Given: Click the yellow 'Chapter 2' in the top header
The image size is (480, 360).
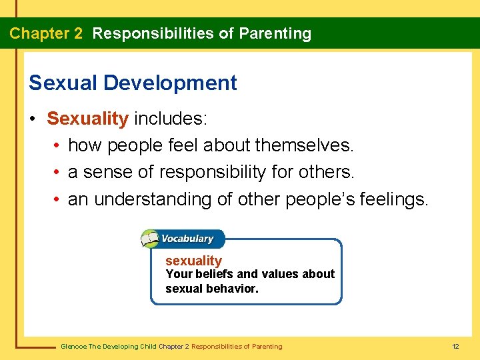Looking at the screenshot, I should point(46,33).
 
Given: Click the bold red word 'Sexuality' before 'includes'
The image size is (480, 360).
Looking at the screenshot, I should point(87,119).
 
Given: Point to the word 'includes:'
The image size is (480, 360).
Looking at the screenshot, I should point(171,119).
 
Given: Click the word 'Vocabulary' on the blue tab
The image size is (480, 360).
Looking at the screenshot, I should point(189,239).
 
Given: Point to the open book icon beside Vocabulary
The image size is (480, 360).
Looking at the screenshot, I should point(151,239).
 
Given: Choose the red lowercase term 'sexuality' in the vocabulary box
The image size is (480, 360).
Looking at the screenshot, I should point(193,261).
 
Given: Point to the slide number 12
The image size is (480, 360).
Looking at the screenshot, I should point(456,347).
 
